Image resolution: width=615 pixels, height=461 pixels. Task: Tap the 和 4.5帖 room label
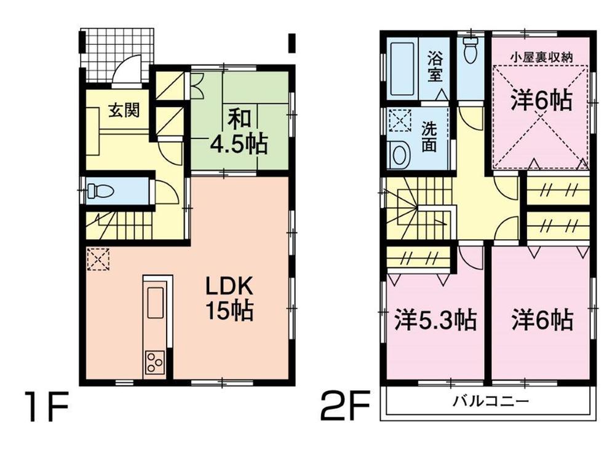239,130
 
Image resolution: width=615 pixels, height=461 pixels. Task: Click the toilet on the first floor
100,192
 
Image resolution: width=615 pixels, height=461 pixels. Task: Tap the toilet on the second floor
470,49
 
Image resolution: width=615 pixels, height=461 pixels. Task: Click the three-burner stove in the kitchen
155,363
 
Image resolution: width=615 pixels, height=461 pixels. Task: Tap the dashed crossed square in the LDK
98,259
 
